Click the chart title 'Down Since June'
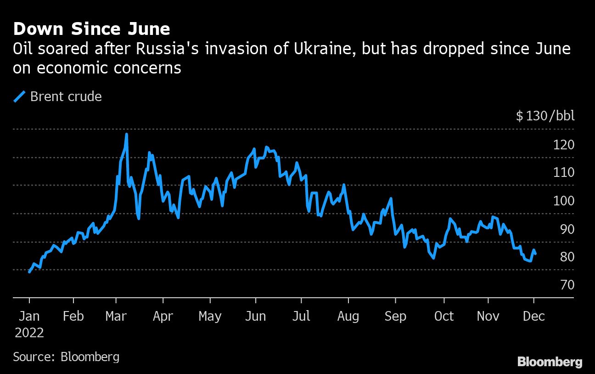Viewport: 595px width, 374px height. [x=92, y=29]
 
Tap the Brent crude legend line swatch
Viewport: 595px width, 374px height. [x=20, y=96]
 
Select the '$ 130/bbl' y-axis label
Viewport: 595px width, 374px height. [x=545, y=116]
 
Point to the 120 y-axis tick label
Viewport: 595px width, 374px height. [x=563, y=145]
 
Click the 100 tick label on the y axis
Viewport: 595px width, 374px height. [x=563, y=201]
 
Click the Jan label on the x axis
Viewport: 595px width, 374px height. [x=29, y=317]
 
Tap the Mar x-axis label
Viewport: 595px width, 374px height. [x=116, y=317]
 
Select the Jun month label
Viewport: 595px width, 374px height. [x=255, y=317]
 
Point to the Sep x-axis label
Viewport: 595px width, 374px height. [x=395, y=317]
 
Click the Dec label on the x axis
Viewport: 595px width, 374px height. [x=533, y=317]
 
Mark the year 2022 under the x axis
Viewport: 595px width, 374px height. [x=29, y=333]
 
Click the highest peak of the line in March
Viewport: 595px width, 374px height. [x=126, y=134]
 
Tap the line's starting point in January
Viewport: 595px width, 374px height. [x=29, y=272]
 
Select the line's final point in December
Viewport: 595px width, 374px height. [x=535, y=254]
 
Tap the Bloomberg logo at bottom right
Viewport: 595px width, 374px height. [x=550, y=362]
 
